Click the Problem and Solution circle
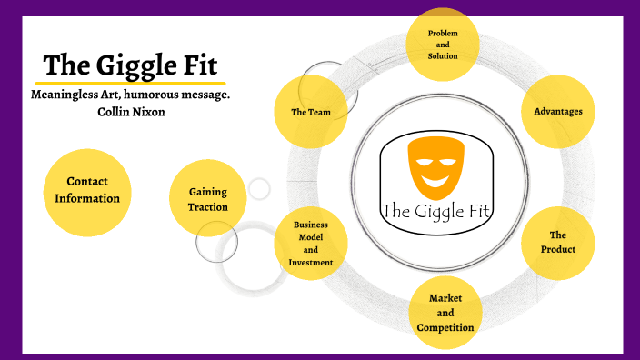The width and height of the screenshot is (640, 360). (443, 43)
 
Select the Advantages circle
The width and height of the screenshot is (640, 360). (558, 112)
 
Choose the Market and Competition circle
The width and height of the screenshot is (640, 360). (445, 313)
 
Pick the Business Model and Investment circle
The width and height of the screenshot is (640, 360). (311, 244)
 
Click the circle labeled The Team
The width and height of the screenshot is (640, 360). (310, 113)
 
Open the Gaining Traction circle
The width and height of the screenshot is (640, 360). (207, 199)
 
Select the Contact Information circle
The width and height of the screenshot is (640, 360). (87, 190)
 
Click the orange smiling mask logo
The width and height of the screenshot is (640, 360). (433, 165)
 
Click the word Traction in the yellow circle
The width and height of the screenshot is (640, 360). (207, 207)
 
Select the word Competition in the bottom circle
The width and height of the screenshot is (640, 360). (445, 327)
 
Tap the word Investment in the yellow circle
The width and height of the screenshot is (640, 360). (311, 263)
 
